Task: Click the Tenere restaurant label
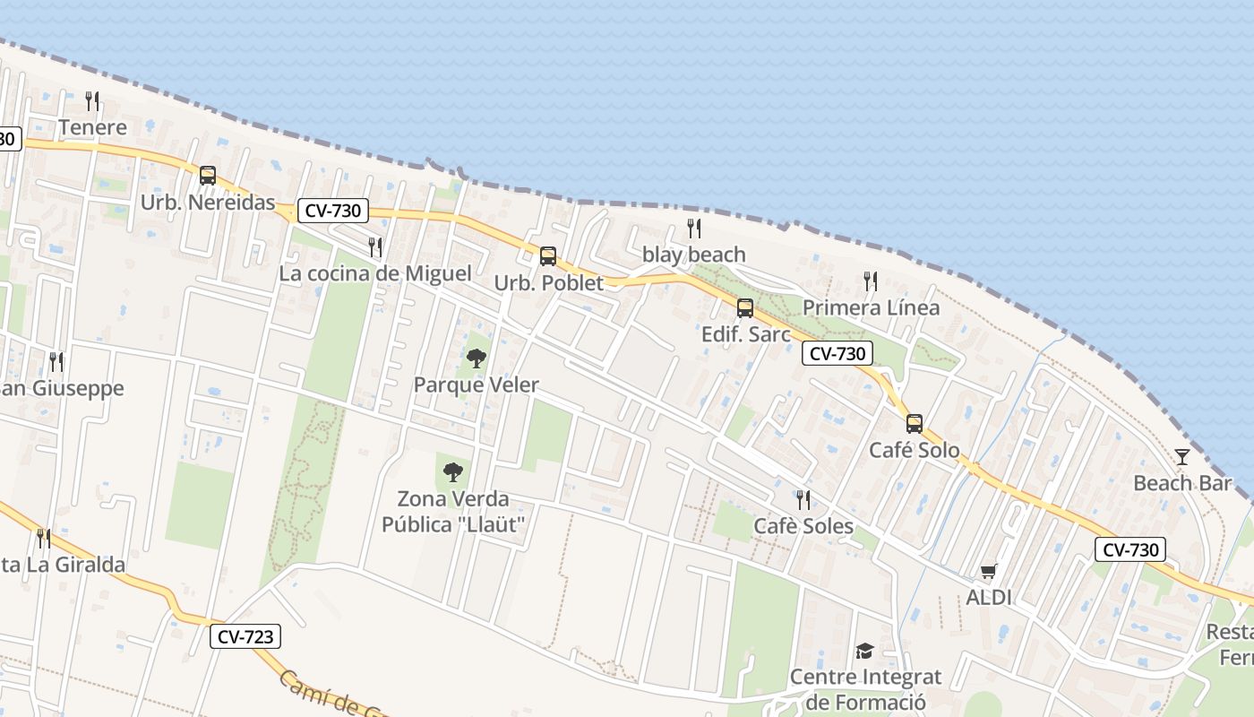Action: pos(93,127)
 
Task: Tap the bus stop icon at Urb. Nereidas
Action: pos(208,176)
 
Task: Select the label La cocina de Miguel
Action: pos(375,273)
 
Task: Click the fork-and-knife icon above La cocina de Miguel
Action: pos(375,246)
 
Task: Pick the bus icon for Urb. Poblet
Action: pos(548,256)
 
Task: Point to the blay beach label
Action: pos(694,255)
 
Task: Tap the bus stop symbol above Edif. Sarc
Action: pos(745,308)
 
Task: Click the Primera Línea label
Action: pos(871,307)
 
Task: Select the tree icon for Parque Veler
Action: pos(477,358)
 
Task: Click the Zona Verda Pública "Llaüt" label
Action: pos(453,511)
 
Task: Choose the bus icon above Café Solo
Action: pos(915,424)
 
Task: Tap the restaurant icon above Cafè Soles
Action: pos(803,499)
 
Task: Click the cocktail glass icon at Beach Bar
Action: pos(1182,457)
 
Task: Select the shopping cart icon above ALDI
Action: pos(989,571)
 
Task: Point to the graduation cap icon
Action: pos(864,651)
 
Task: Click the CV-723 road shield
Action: pos(246,637)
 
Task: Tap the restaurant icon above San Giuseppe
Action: pos(56,362)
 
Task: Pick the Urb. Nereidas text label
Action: pos(208,203)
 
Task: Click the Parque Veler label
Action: pos(477,385)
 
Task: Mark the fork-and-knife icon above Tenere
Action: pos(92,100)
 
